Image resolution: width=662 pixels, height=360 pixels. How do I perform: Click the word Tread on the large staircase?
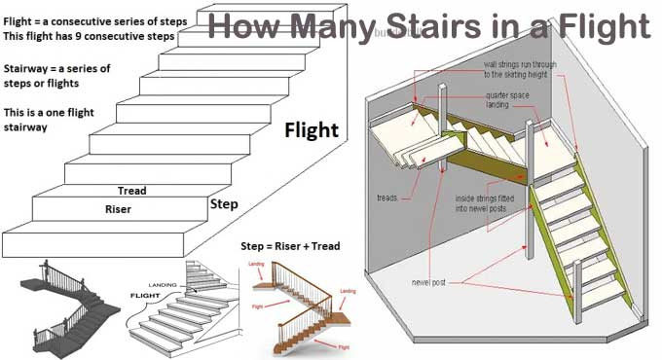point(131,191)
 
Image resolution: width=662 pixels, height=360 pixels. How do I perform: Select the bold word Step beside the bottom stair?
point(224,205)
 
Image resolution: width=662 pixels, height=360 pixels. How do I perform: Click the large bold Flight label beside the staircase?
point(312,130)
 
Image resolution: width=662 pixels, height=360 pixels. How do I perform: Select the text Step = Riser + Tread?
point(290,247)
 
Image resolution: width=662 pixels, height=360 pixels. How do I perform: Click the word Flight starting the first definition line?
point(20,18)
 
